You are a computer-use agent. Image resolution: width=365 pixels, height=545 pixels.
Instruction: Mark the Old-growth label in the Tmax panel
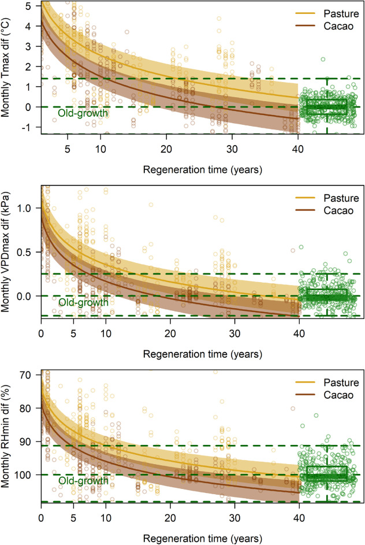tap(83, 114)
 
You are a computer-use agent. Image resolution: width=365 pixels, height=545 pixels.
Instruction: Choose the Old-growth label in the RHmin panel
tap(83, 480)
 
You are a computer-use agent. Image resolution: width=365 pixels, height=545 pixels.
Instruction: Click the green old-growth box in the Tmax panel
tap(327, 107)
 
